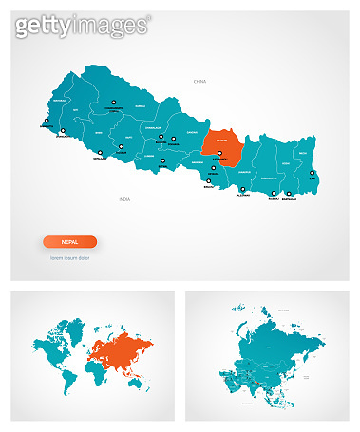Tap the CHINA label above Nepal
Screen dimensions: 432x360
pos(199,83)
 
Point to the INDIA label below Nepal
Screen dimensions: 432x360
pos(124,199)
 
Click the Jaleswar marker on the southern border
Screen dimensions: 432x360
pos(243,190)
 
